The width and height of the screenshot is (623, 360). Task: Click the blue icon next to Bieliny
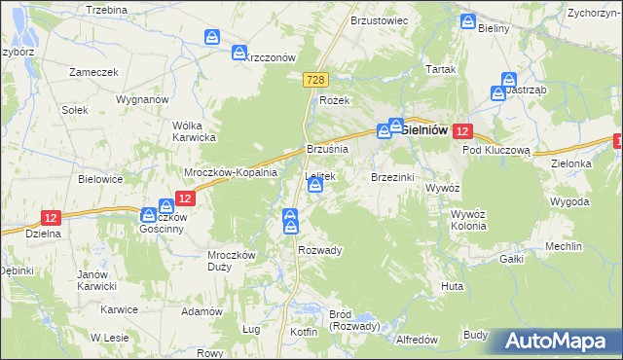point(468,21)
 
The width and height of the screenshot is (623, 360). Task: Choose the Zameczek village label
point(93,72)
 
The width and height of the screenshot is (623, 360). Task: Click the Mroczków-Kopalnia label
point(232,171)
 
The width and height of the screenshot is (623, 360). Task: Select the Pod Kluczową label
point(495,151)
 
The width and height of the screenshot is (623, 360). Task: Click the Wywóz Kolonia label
point(461,219)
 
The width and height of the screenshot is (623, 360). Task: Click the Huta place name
point(452,287)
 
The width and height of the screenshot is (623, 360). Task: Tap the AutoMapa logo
point(556,342)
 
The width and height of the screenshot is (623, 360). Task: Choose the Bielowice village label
point(100,179)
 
